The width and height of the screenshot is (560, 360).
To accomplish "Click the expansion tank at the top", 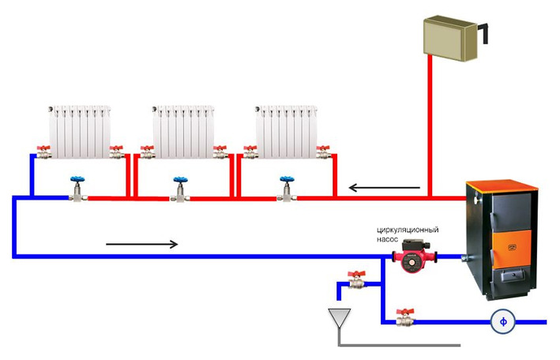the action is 450,38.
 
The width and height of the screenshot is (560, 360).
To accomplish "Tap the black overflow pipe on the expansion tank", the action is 484,32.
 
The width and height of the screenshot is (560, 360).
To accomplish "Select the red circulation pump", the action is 415,256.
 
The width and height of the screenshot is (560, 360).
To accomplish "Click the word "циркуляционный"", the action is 408,230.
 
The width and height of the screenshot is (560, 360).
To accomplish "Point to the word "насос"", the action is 387,239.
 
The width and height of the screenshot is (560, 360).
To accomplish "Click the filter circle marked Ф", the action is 503,321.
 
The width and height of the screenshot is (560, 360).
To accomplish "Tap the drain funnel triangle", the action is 340,317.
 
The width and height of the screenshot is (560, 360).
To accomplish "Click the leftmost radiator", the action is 80,131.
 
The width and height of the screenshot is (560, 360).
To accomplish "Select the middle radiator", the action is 183,131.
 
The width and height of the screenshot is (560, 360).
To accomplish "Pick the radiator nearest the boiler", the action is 287,131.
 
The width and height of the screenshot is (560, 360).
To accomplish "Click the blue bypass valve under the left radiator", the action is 78,189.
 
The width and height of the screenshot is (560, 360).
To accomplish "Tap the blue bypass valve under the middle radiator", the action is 180,189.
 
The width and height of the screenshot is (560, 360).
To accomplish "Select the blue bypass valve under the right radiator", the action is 287,189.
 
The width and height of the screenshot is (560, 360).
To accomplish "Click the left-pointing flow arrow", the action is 385,187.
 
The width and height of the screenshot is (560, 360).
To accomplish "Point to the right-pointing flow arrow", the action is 142,244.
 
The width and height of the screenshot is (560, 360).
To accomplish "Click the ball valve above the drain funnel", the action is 357,279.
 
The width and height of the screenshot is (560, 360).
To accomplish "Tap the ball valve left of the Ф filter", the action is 405,317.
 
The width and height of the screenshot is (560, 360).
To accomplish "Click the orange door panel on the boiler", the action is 512,249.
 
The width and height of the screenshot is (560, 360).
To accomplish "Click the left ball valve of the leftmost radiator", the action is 43,152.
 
